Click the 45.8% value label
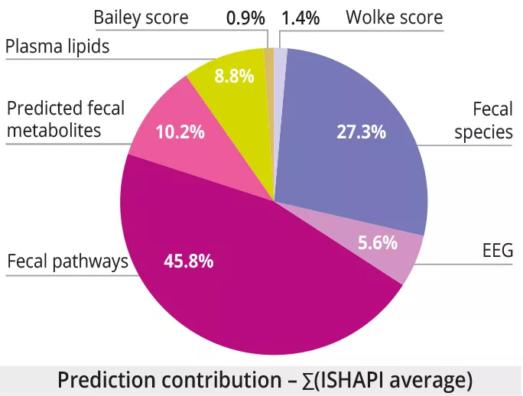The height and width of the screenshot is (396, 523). [x=188, y=261]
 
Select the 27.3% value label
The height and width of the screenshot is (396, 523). [x=361, y=131]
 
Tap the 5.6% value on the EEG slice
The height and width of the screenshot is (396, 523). [x=377, y=244]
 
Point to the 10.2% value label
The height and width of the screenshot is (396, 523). [x=180, y=132]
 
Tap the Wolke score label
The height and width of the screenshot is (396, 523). [x=394, y=17]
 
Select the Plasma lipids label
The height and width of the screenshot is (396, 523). [x=57, y=47]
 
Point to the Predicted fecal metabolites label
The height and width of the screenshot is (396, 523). [x=64, y=118]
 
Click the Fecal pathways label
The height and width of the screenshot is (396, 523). [x=67, y=262]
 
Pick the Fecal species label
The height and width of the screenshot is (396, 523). [x=483, y=121]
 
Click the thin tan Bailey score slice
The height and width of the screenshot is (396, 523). [x=269, y=61]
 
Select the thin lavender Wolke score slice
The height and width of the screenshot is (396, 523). [x=280, y=61]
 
